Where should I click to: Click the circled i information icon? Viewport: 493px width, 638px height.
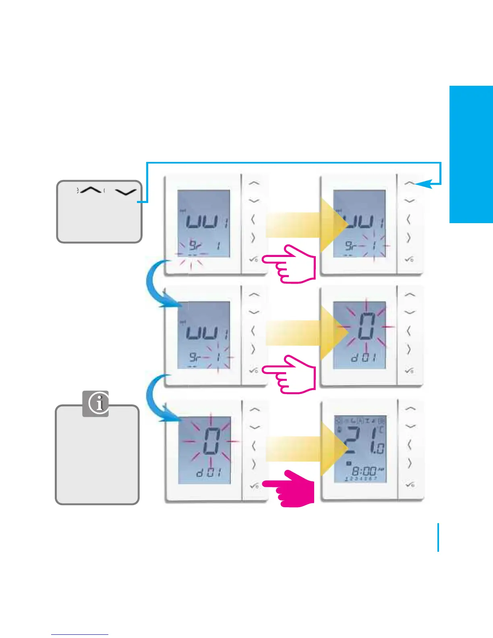pos(96,403)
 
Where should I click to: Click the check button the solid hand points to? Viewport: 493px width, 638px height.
pos(254,486)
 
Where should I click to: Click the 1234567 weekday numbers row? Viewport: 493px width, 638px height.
pos(361,478)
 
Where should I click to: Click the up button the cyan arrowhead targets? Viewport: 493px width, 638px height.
pos(410,183)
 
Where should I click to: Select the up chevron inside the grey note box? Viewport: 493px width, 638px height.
pos(91,191)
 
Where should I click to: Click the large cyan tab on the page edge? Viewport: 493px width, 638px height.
pos(471,154)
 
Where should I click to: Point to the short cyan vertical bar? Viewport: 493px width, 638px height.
pos(438,537)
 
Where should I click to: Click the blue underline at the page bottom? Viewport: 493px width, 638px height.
pos(80,635)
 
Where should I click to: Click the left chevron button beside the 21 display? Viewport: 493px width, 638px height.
pos(409,445)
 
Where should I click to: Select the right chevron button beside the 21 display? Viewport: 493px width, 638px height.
pos(409,463)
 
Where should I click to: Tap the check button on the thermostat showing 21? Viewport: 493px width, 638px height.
pos(410,485)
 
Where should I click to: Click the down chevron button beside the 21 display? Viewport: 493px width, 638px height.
pos(410,426)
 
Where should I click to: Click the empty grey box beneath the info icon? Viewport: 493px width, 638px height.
pos(97,459)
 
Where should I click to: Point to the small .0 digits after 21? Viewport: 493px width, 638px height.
pos(380,447)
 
